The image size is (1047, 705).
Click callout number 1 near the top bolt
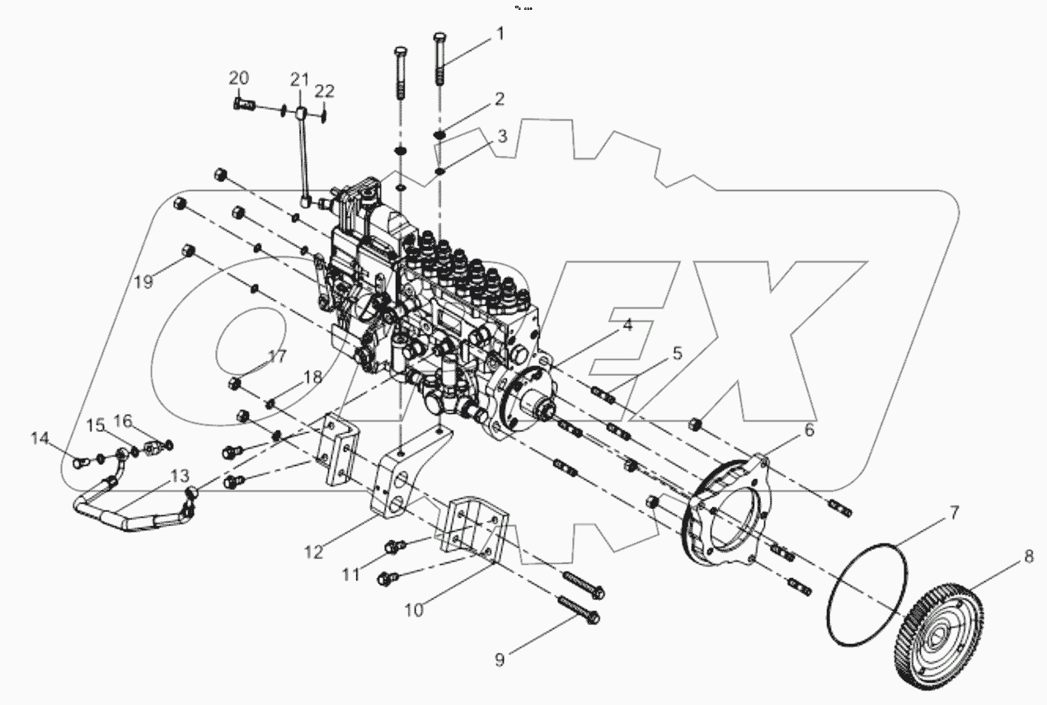(499, 34)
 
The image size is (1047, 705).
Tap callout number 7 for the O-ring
(953, 513)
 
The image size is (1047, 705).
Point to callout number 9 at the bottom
(500, 659)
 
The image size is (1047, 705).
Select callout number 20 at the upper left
(239, 78)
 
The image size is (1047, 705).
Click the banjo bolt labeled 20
(242, 106)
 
